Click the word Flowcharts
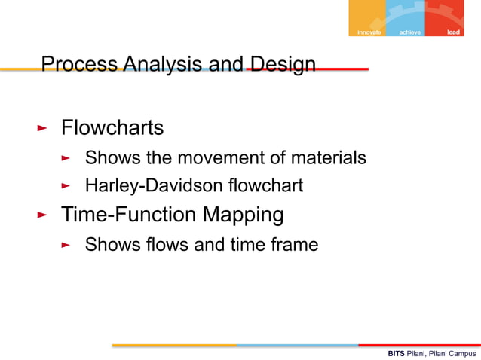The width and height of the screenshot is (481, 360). click(112, 128)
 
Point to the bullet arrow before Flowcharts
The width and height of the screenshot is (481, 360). click(42, 129)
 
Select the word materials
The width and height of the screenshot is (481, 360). click(329, 158)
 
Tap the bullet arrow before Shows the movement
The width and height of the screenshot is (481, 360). click(66, 159)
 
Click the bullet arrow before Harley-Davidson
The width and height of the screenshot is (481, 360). click(66, 185)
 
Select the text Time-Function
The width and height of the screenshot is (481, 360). click(129, 215)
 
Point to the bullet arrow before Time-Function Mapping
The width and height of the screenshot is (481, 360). click(42, 216)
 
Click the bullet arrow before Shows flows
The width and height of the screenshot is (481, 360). click(66, 246)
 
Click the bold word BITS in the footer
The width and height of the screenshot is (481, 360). click(396, 353)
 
